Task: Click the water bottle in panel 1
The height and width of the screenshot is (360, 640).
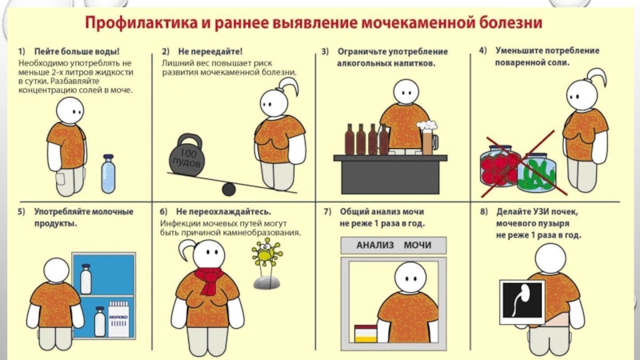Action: click(x=108, y=174)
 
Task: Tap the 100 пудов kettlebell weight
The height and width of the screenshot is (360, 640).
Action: click(x=186, y=155)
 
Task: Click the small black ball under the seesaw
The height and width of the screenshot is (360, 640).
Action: click(x=229, y=189)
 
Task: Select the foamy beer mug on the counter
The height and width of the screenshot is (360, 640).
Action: click(x=427, y=138)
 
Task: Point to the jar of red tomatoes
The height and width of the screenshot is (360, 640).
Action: click(x=499, y=166)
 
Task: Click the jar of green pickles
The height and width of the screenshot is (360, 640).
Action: click(x=537, y=173)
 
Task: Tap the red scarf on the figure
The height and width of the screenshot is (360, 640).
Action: click(x=209, y=280)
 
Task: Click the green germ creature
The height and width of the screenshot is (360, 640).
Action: click(x=266, y=254)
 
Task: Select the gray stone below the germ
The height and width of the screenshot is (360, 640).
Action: click(x=266, y=282)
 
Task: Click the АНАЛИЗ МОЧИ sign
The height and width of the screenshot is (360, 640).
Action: click(x=394, y=246)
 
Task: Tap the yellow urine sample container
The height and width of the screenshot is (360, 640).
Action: click(x=366, y=334)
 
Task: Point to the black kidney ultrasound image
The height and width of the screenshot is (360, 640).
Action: click(x=522, y=301)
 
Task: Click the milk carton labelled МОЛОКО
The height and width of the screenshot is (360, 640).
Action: click(x=118, y=318)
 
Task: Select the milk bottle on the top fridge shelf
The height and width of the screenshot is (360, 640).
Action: click(x=86, y=279)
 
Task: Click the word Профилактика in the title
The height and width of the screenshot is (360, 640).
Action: click(x=141, y=22)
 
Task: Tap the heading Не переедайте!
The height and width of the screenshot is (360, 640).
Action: click(x=210, y=51)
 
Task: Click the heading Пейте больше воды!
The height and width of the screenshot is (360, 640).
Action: click(x=77, y=51)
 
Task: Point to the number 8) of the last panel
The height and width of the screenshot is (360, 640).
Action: click(x=484, y=212)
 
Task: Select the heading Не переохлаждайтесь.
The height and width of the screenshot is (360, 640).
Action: click(x=223, y=212)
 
